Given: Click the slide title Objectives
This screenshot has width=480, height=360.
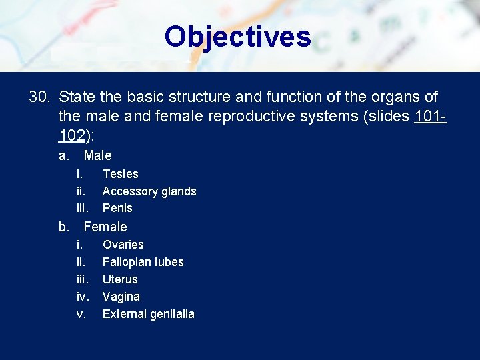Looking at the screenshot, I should (x=237, y=37).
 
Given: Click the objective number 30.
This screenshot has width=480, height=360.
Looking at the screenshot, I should (x=39, y=97).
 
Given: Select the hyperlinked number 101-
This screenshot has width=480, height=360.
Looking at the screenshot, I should (x=430, y=117).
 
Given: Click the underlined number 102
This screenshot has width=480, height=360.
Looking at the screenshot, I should (x=71, y=136).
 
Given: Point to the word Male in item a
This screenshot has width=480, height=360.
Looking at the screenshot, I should (x=97, y=156).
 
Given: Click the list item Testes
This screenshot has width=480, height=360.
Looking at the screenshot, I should (x=120, y=174).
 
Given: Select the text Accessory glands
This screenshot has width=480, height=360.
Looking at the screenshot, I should (x=149, y=191).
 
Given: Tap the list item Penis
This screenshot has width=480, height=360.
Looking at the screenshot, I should (x=117, y=208).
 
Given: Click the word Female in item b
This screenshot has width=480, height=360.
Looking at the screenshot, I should (x=105, y=227).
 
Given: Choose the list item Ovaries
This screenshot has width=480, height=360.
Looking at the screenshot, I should (x=123, y=245).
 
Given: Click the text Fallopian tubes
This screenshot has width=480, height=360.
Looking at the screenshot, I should (x=143, y=262).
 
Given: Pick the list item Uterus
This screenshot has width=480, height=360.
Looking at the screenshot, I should (x=120, y=279).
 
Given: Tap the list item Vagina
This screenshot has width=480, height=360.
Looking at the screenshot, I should (x=121, y=297).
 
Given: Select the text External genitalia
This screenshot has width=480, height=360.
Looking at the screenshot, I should (x=148, y=314).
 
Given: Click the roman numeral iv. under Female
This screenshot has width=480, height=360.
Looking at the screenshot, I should (x=83, y=297).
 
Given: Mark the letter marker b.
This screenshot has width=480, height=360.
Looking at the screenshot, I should (x=64, y=227).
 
